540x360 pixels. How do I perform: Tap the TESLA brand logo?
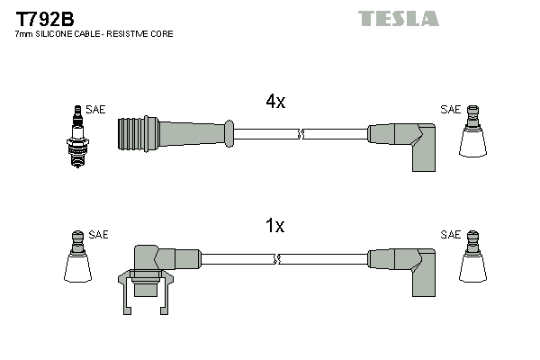pyautogui.click(x=398, y=18)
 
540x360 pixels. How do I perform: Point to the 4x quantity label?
pyautogui.click(x=275, y=102)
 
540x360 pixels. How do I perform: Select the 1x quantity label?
pyautogui.click(x=275, y=227)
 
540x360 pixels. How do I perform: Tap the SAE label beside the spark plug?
pyautogui.click(x=95, y=110)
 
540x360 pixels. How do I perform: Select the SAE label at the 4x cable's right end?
pyautogui.click(x=450, y=110)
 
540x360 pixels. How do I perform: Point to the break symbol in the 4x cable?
pyautogui.click(x=301, y=135)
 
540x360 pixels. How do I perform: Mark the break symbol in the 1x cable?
pyautogui.click(x=279, y=260)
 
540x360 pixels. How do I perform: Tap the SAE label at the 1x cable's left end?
pyautogui.click(x=98, y=235)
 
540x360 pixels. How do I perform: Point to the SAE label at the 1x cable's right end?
pyautogui.click(x=450, y=235)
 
